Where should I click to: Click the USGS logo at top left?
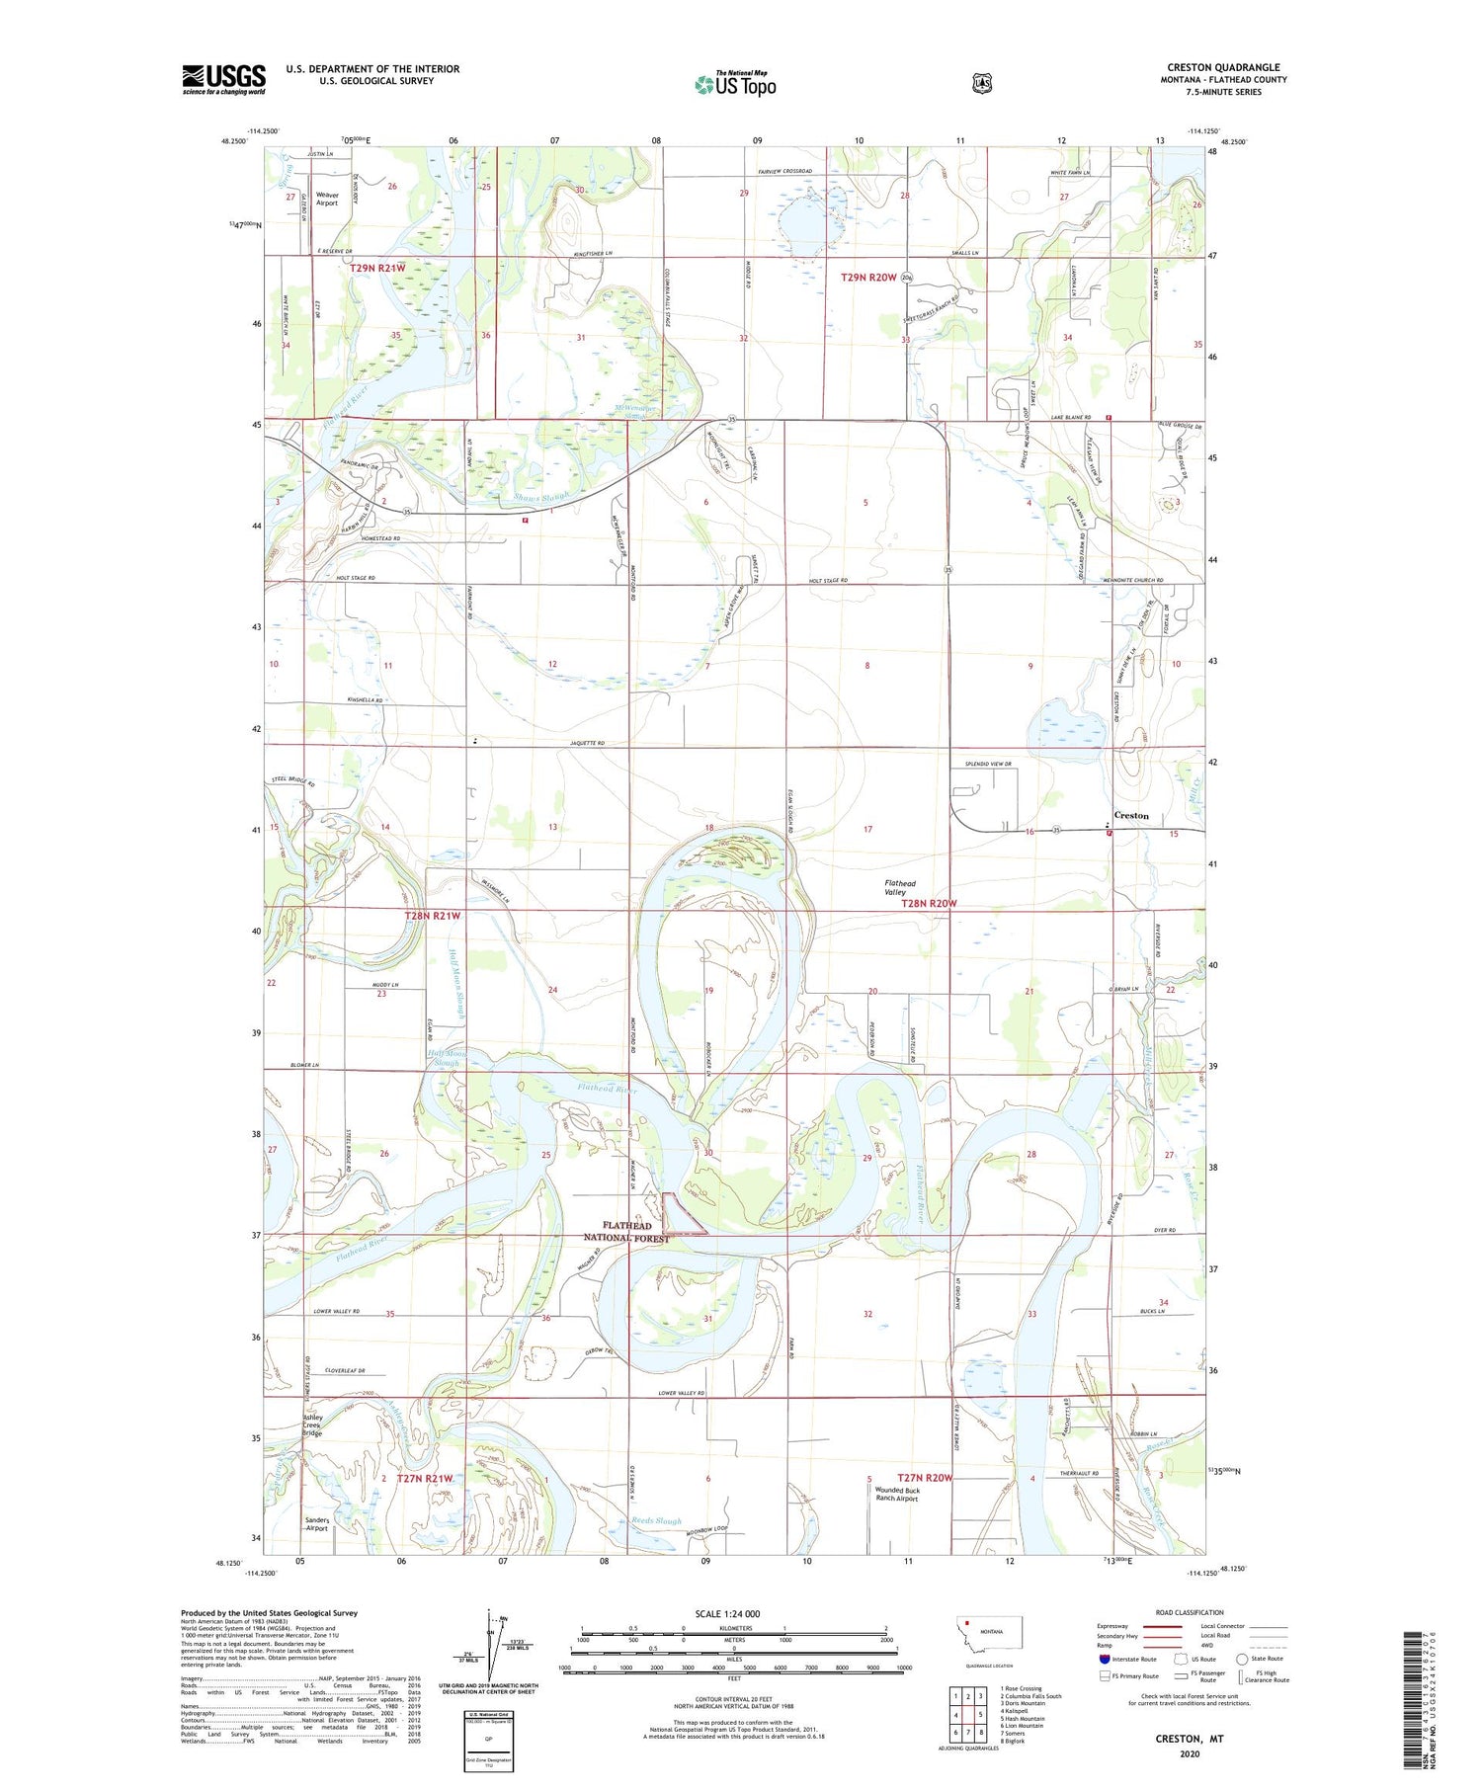click(x=224, y=79)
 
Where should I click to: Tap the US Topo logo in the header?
click(x=735, y=84)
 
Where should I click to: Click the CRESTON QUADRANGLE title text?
click(x=1223, y=68)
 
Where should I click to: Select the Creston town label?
click(x=1131, y=816)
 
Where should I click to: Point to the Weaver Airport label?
click(x=326, y=200)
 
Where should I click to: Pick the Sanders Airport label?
click(x=316, y=1524)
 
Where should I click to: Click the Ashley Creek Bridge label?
click(x=312, y=1425)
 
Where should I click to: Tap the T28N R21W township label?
click(x=433, y=916)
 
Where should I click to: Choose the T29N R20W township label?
click(x=868, y=278)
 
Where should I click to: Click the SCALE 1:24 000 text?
click(x=733, y=1614)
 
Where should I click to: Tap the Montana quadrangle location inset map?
click(x=989, y=1640)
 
